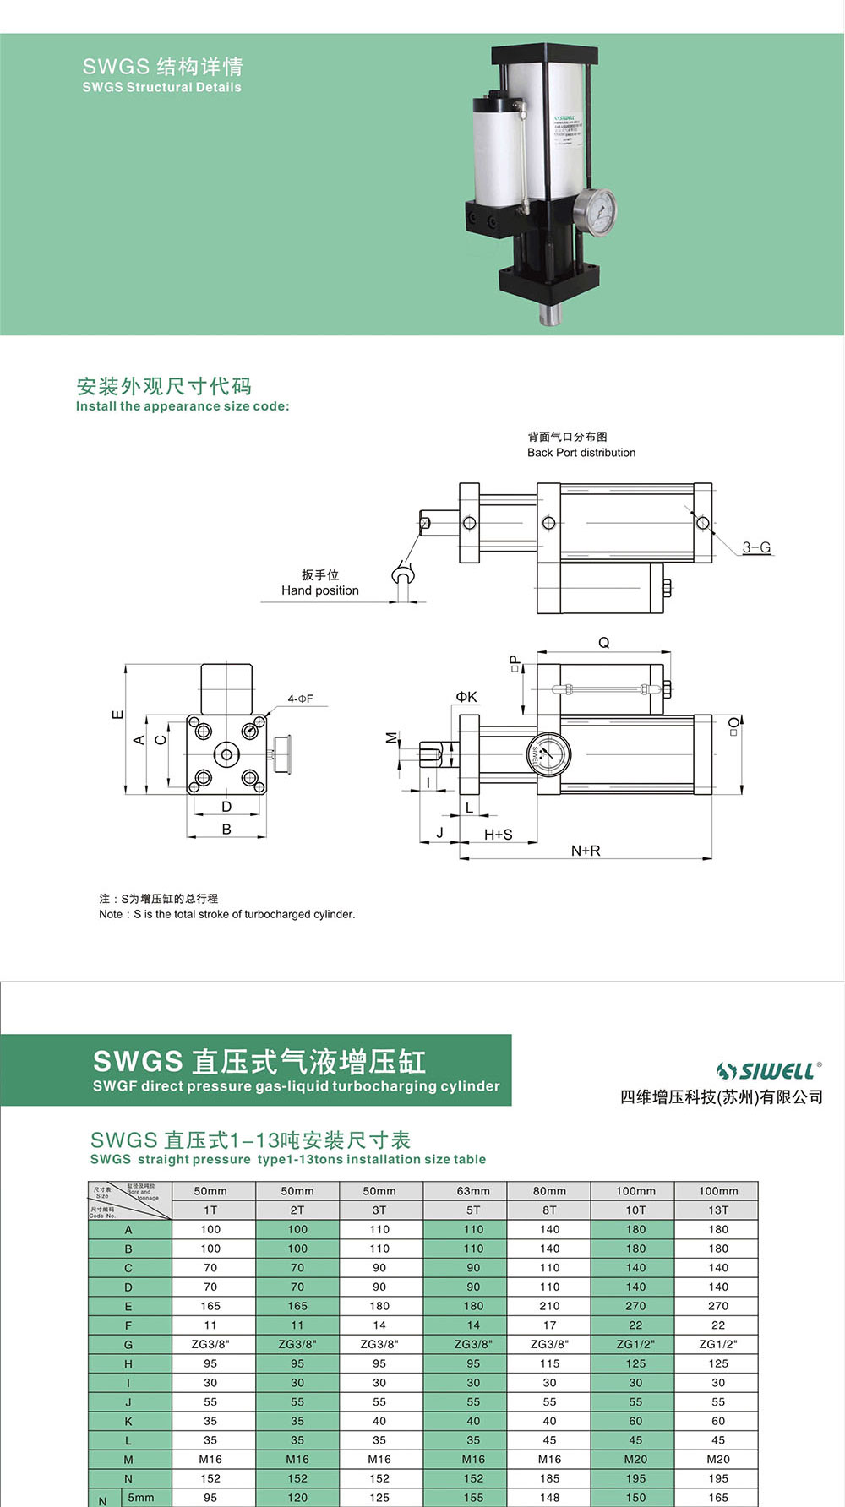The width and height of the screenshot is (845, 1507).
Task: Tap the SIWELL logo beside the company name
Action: click(767, 1071)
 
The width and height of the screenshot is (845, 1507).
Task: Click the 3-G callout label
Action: click(756, 547)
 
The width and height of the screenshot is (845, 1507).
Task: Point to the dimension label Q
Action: click(603, 643)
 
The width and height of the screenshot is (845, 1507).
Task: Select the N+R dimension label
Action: click(586, 851)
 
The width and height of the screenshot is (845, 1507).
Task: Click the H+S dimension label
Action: click(498, 835)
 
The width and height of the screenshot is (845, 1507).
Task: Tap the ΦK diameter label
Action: click(466, 697)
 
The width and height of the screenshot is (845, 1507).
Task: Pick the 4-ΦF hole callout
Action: click(299, 699)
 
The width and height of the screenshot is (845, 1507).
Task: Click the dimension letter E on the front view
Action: click(118, 715)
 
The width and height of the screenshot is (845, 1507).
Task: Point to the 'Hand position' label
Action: click(319, 590)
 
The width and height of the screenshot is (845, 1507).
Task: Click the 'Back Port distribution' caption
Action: click(581, 453)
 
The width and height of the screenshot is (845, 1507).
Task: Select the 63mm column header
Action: click(473, 1191)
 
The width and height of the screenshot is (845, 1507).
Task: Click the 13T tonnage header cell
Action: click(718, 1210)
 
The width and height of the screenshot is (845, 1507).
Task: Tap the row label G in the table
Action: click(128, 1345)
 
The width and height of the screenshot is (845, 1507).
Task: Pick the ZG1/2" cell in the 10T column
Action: click(635, 1344)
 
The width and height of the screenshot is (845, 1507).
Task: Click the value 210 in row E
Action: click(549, 1306)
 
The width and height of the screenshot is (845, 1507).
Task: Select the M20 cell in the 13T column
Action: click(718, 1459)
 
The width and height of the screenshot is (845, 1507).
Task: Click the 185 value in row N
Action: click(549, 1478)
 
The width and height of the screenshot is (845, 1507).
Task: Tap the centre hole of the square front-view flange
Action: click(226, 753)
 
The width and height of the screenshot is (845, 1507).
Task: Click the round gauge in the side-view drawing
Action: click(548, 753)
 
